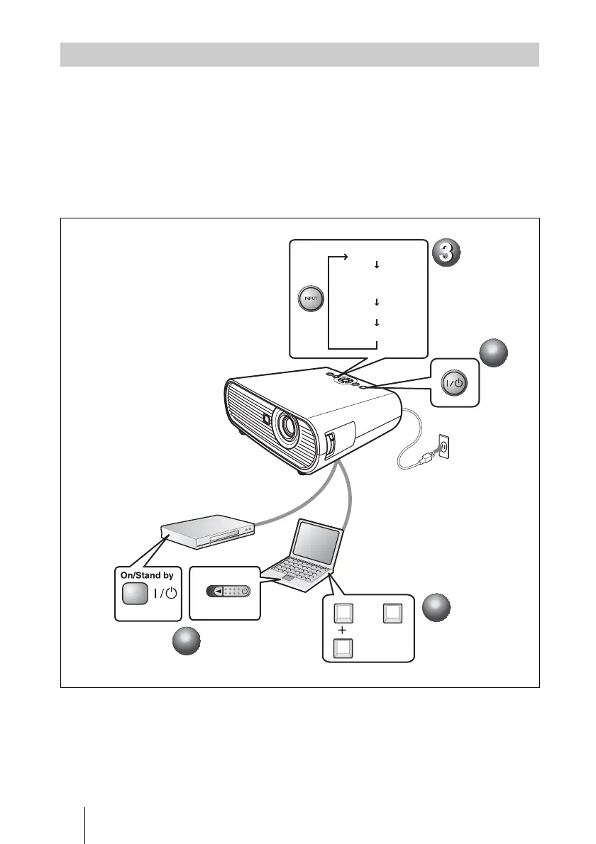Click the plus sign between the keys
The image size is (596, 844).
(x=343, y=631)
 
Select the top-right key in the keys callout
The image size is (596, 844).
(x=392, y=612)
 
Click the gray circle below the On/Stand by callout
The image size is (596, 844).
(x=187, y=643)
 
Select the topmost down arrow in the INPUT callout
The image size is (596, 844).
(x=376, y=265)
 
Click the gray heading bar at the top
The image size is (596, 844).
(x=299, y=55)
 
